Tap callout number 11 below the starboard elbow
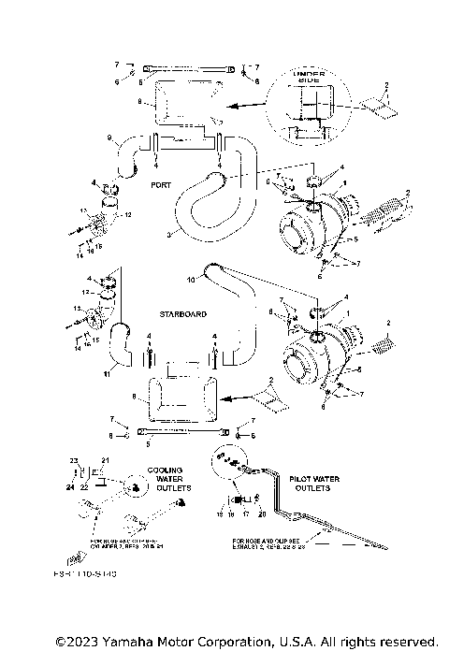point(106,374)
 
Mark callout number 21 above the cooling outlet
point(105,461)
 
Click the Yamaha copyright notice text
point(246,641)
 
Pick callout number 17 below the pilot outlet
point(244,514)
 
